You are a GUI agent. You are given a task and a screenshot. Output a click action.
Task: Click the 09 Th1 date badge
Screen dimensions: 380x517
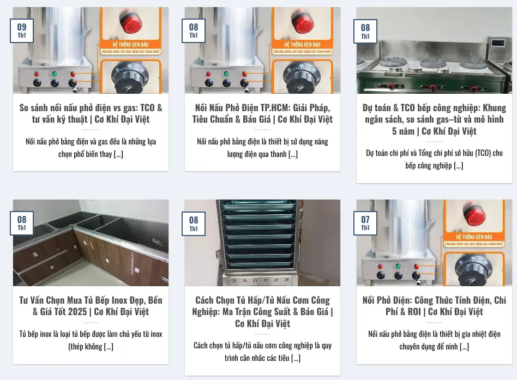click(22, 31)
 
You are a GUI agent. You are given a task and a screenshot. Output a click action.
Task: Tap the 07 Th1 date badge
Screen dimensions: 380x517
click(365, 224)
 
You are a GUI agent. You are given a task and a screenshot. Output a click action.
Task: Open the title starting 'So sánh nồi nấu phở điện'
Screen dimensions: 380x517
click(91, 113)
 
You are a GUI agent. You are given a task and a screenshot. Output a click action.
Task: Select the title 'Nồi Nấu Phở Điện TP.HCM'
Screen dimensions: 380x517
click(262, 113)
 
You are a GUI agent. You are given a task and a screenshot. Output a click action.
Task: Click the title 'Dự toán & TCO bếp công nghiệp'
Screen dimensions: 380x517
click(434, 119)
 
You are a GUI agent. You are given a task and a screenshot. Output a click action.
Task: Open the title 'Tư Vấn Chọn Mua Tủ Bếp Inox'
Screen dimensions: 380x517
click(91, 306)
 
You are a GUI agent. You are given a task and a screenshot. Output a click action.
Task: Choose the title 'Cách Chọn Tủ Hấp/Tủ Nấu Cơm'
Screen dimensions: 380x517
click(262, 311)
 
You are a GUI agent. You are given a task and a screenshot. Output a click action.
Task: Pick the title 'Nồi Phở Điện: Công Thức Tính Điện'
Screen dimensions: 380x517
click(434, 306)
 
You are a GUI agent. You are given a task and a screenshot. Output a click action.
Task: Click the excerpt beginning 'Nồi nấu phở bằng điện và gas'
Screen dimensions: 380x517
click(91, 148)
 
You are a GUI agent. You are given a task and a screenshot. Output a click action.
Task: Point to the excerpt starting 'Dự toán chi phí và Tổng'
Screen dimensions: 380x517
click(434, 159)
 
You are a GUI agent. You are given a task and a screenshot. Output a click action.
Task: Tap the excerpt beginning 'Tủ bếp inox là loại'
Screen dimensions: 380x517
click(91, 340)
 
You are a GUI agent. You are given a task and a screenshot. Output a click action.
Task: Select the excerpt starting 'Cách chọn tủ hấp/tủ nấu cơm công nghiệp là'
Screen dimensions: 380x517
click(262, 352)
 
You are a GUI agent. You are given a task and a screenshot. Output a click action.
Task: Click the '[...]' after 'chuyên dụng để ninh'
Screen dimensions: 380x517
click(464, 347)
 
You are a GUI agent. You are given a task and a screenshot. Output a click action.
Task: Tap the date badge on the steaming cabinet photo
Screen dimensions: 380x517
click(194, 224)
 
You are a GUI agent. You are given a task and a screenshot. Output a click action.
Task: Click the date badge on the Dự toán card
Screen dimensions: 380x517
click(365, 31)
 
